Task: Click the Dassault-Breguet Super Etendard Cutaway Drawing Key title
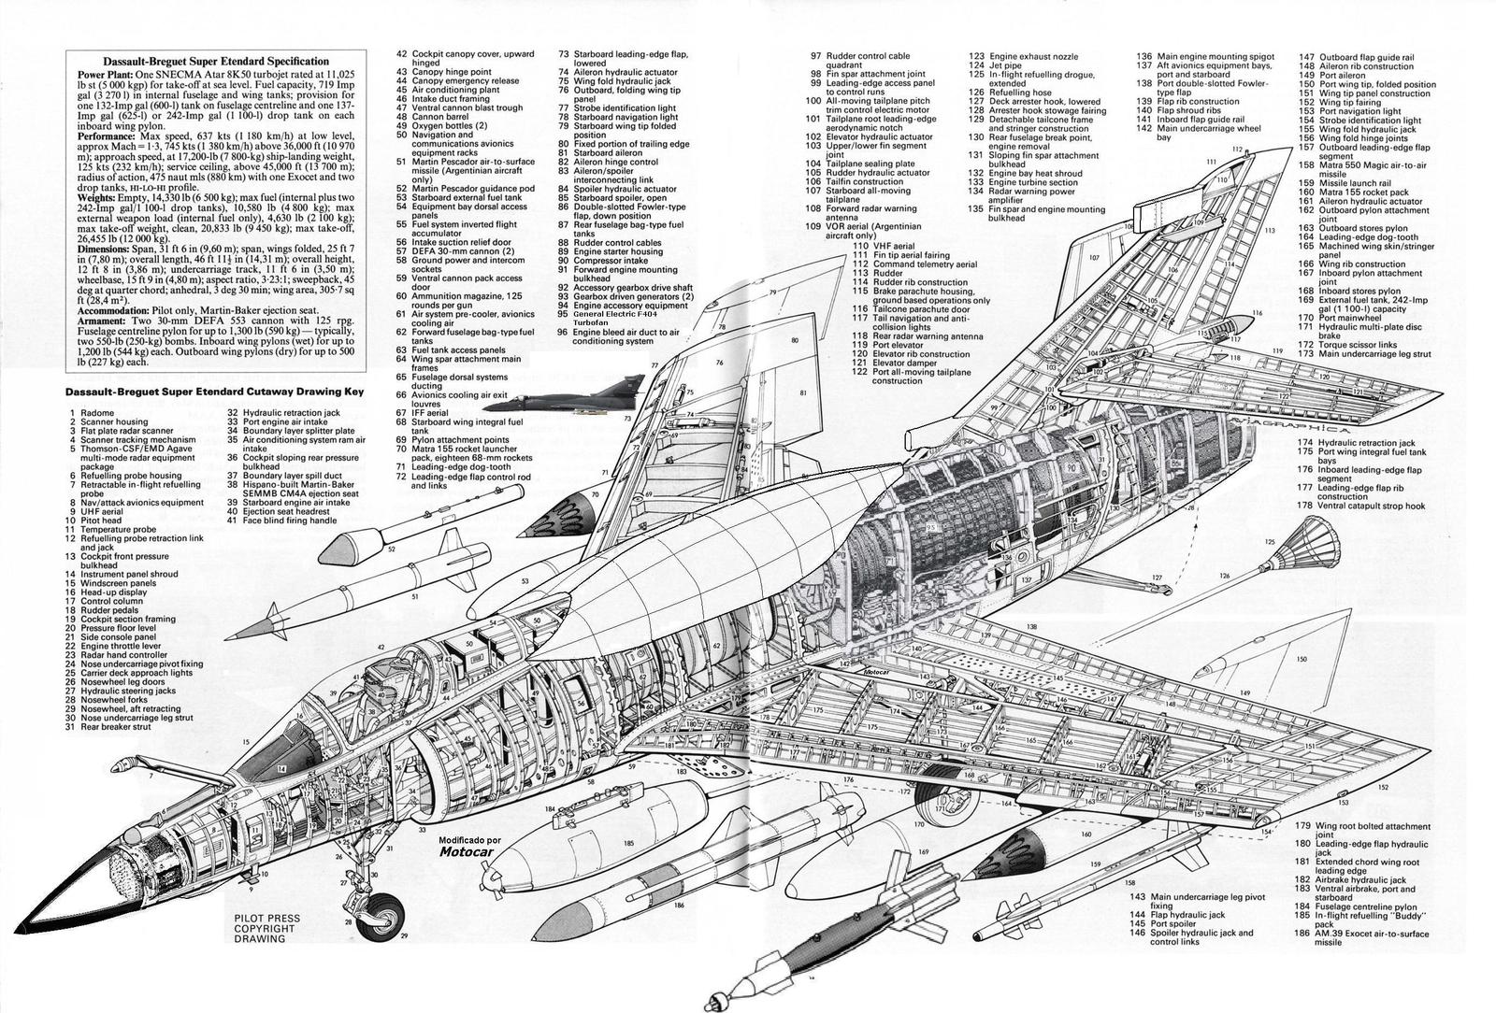(x=214, y=392)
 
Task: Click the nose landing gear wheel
(x=382, y=915)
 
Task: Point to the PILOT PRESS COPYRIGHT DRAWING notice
(x=266, y=928)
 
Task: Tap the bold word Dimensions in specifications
(x=107, y=250)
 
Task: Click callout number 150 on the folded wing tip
(x=1301, y=659)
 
